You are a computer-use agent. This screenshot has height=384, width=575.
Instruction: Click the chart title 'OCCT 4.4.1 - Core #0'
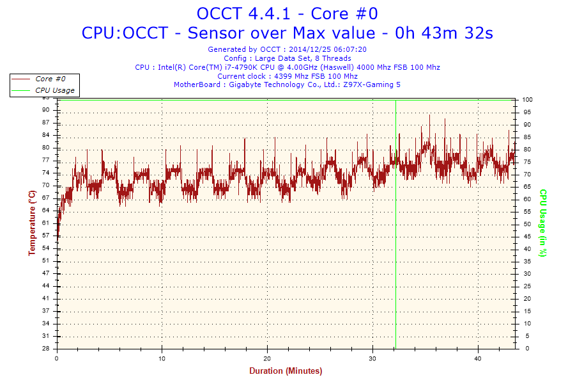287,13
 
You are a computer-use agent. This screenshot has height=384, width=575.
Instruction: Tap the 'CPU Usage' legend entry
54,90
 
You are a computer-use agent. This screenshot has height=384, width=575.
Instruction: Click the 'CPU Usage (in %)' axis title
543,223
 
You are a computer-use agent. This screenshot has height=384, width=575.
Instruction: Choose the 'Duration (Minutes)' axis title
286,371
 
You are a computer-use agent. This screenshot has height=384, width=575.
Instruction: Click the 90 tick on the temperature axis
46,109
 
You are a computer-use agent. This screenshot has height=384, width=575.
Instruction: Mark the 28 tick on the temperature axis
46,349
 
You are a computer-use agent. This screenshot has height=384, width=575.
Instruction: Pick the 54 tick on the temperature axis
46,248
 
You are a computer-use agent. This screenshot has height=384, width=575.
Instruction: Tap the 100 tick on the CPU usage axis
528,100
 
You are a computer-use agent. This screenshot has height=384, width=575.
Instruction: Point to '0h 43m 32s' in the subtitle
445,33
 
